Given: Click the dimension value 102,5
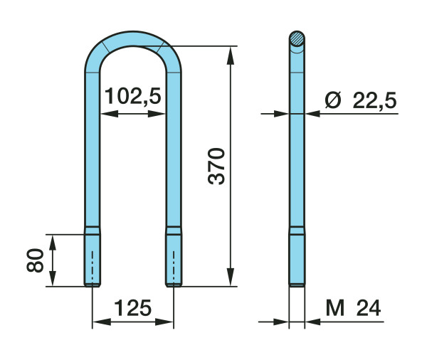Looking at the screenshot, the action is (x=133, y=96).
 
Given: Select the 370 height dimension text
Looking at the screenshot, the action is (x=216, y=166).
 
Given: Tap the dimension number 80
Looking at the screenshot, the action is (x=35, y=260).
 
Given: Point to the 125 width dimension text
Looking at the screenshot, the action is (x=132, y=308).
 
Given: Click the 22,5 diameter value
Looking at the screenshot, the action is (x=374, y=100).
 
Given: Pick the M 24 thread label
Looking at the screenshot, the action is (x=353, y=308).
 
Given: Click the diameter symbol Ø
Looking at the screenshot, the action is (x=333, y=100).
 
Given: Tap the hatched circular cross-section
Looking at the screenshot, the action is (x=297, y=38).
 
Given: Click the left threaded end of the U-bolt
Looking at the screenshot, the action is (x=93, y=257).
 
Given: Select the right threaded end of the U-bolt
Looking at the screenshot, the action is (x=174, y=257).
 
